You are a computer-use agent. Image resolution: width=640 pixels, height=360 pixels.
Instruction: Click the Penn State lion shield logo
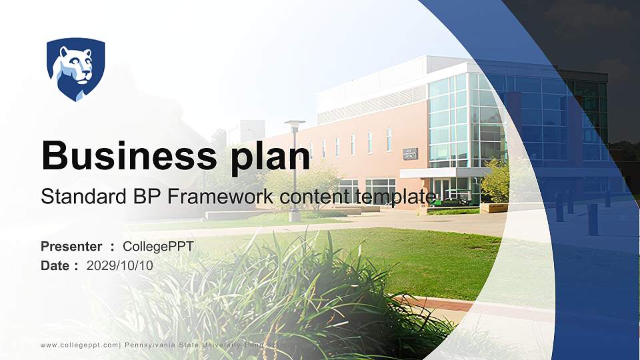[x=75, y=69]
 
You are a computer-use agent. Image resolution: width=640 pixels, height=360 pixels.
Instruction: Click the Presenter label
[x=71, y=247]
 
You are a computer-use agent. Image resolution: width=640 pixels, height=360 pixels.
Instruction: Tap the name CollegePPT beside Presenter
[x=158, y=247]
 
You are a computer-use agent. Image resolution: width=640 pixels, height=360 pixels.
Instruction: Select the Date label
[x=55, y=265]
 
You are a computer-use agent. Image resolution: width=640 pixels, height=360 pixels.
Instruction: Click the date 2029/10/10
[x=120, y=265]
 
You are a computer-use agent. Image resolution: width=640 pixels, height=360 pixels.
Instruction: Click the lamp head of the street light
[x=294, y=123]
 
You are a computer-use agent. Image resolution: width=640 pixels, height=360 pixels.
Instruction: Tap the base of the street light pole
[x=295, y=216]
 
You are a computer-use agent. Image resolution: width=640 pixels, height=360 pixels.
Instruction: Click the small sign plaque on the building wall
[x=410, y=153]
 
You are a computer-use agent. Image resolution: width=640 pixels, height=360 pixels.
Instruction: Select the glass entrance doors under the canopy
[x=442, y=189]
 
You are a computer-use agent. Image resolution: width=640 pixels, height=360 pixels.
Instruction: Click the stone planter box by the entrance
[x=494, y=207]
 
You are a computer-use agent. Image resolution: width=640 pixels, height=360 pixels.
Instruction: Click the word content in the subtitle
[x=307, y=197]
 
